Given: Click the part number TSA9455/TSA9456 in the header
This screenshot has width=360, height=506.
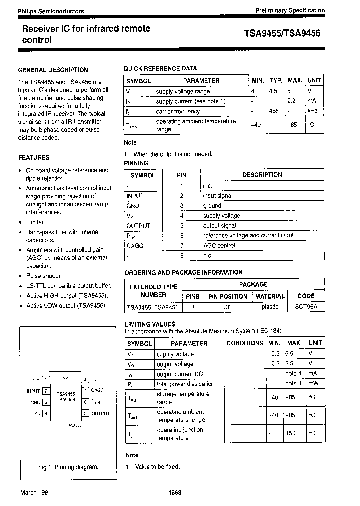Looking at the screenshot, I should point(282,34).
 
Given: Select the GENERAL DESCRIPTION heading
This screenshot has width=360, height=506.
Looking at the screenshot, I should point(53,70).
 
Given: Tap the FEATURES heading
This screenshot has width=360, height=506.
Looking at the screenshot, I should point(34,157).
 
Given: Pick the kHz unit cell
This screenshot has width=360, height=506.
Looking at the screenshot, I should point(312,111).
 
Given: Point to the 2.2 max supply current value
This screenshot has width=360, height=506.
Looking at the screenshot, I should point(292,101).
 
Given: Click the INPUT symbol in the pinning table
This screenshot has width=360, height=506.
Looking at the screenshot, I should point(135,196).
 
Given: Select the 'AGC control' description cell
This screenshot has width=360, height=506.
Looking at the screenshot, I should point(219,245).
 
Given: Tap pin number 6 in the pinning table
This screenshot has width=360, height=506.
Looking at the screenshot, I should point(182,235).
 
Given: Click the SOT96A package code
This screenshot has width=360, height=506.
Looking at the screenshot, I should point(306,307).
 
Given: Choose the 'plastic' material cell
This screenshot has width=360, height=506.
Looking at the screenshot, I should point(270,307).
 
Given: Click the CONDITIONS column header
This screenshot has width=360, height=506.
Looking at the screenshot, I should point(244,343).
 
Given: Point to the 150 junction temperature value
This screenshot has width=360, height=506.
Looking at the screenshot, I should point(291,433).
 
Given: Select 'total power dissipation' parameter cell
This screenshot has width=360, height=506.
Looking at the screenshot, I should point(185,384).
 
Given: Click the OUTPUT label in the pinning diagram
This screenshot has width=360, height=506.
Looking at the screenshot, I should point(100,413).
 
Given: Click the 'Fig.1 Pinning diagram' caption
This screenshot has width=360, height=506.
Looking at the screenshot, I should point(68,467).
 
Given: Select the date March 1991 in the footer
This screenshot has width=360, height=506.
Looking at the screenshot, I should point(35,492).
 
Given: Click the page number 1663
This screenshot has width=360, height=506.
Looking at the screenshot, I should point(175,492).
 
